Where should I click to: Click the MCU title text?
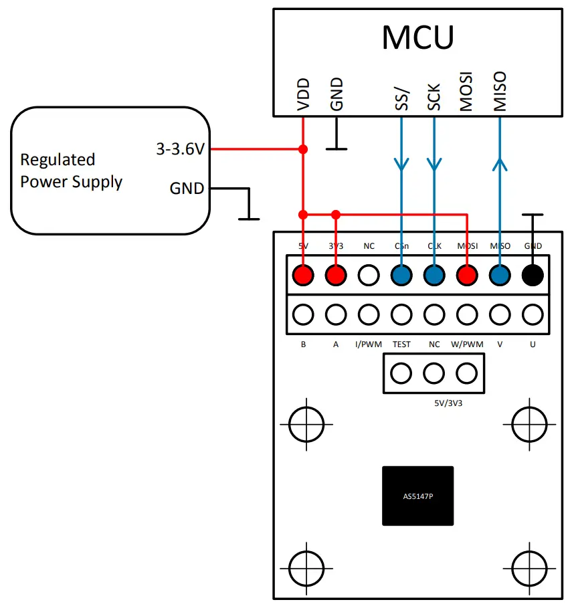pos(417,37)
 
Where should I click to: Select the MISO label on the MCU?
pos(500,92)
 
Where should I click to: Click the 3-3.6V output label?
pos(180,150)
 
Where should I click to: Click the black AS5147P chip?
pos(417,496)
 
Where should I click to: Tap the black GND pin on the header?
pos(533,275)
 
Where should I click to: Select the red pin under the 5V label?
pos(304,275)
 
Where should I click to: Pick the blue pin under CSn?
pos(401,275)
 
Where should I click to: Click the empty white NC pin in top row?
pos(369,275)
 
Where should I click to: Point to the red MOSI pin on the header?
pos(467,275)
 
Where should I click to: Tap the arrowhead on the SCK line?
pos(434,164)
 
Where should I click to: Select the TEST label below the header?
pos(401,344)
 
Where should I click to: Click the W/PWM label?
pos(467,344)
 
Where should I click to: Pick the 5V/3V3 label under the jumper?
pos(434,405)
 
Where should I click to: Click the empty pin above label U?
pos(533,314)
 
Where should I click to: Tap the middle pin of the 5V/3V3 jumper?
pos(434,373)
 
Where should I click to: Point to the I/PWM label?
pos(369,344)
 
